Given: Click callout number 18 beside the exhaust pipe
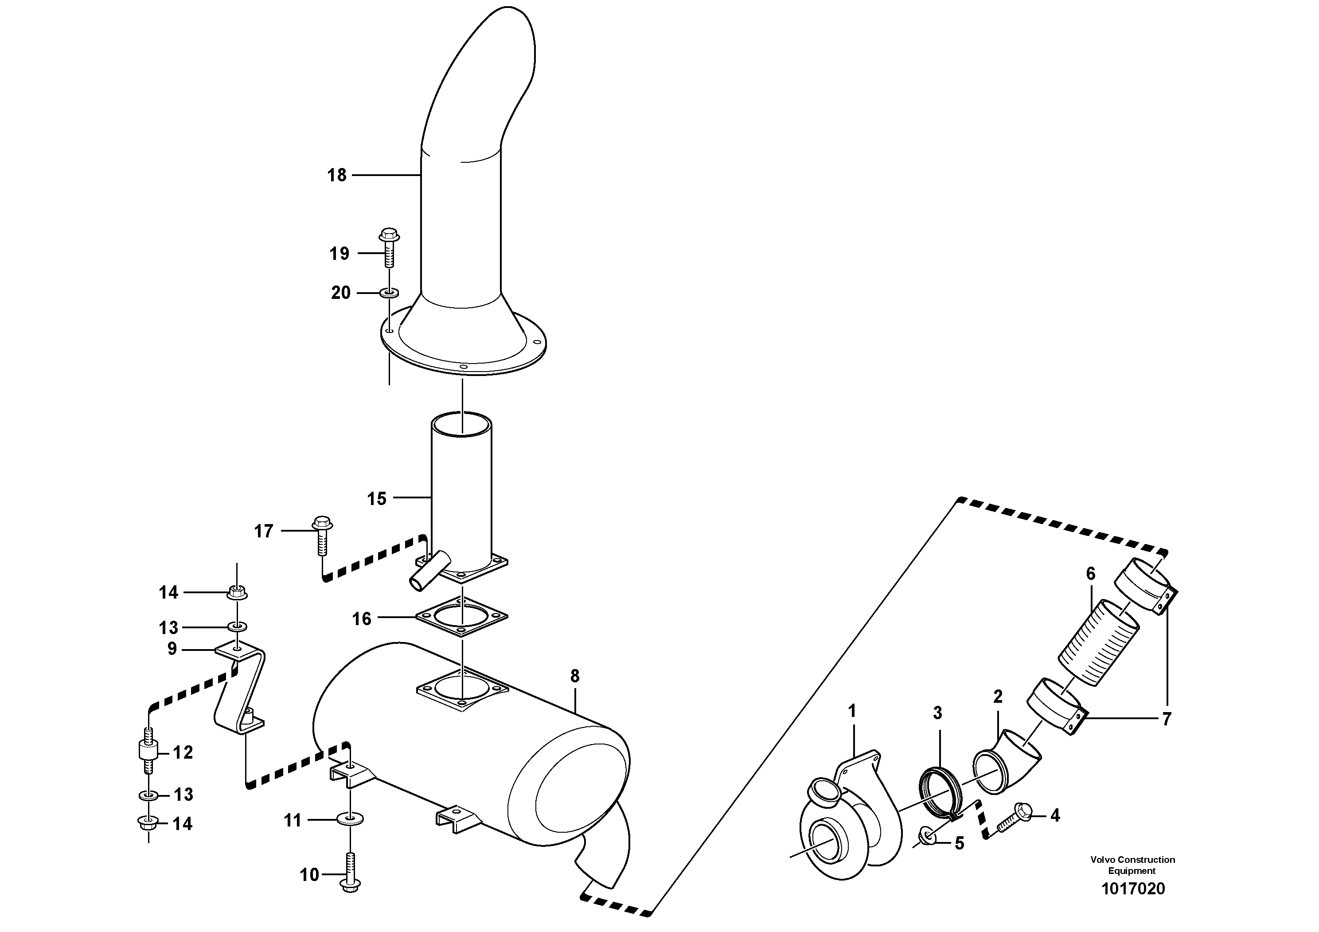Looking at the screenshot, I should (337, 175).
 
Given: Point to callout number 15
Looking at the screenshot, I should (377, 499).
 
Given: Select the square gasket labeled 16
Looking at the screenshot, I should (462, 618).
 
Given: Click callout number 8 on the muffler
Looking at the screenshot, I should (575, 676).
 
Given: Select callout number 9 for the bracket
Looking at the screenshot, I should (172, 649).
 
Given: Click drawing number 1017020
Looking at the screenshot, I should (1133, 889).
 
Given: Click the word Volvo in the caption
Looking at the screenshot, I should (1102, 860).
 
